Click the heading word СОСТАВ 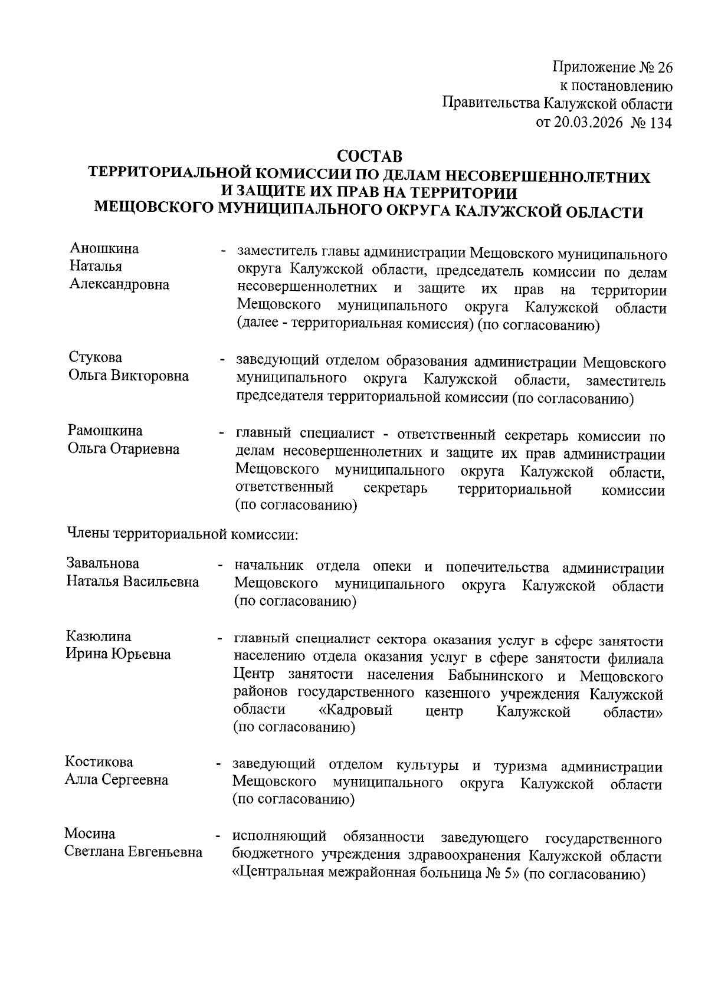pyautogui.click(x=369, y=157)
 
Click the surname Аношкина pyautogui.click(x=104, y=248)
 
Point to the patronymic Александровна pyautogui.click(x=119, y=284)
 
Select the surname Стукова pyautogui.click(x=96, y=358)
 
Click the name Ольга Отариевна pyautogui.click(x=124, y=449)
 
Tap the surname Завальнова pyautogui.click(x=103, y=564)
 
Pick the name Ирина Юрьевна pyautogui.click(x=118, y=654)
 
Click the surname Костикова pyautogui.click(x=99, y=762)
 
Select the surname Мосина pyautogui.click(x=90, y=834)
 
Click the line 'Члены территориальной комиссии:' pyautogui.click(x=183, y=534)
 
